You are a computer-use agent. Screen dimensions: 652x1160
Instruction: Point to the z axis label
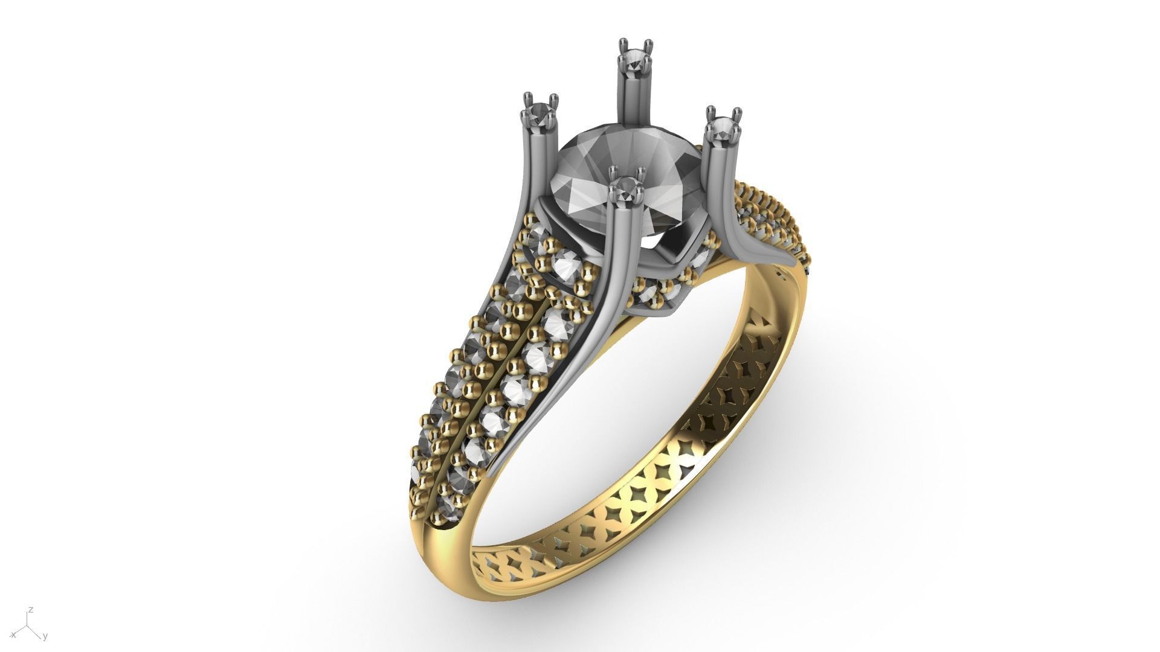[31, 610]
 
